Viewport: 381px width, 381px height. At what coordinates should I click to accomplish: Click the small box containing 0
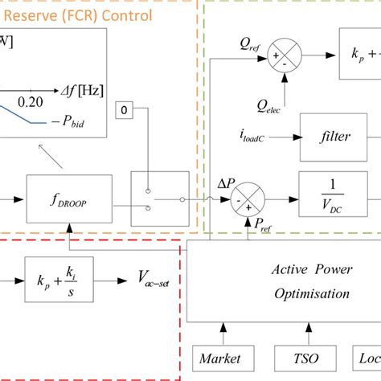[127, 109]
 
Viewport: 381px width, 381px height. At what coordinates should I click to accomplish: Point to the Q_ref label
[250, 39]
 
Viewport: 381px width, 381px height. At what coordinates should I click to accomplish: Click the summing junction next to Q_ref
[284, 55]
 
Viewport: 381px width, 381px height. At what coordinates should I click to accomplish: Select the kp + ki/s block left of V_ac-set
[55, 281]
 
